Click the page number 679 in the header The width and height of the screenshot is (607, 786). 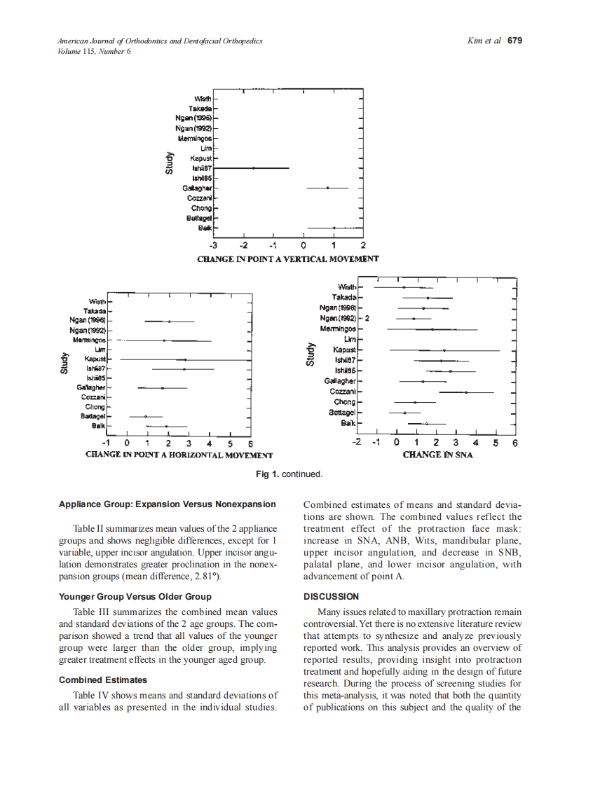[515, 41]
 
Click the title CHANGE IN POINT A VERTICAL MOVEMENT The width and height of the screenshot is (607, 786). [288, 258]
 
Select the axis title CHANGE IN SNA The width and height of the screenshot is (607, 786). [437, 455]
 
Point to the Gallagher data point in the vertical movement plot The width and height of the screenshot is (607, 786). [327, 188]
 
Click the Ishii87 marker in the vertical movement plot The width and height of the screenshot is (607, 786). [254, 168]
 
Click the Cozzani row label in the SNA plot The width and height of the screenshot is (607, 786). [343, 392]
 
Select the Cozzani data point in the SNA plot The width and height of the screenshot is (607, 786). [466, 392]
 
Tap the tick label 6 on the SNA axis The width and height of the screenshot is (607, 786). [514, 443]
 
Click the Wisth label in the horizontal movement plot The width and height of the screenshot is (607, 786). [97, 301]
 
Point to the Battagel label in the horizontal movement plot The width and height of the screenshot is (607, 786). [93, 416]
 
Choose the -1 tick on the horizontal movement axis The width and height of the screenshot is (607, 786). [106, 443]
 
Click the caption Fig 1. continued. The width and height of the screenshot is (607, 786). [289, 474]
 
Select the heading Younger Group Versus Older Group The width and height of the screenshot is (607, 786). [135, 597]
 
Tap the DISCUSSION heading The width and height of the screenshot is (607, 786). [330, 597]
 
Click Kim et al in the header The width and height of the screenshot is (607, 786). [483, 41]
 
